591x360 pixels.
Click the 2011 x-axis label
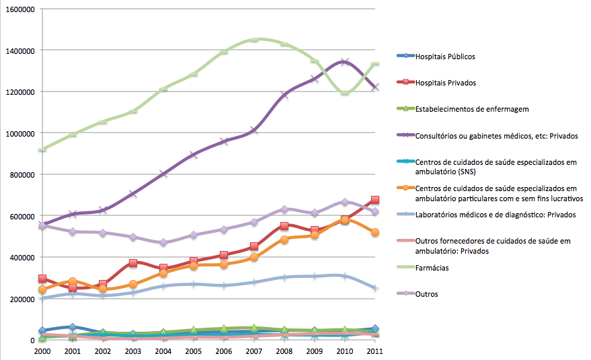pos(375,351)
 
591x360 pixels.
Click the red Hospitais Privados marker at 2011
pos(375,200)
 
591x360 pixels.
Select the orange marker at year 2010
pos(345,219)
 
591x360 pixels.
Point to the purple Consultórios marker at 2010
pos(345,62)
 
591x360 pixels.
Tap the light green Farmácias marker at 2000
pos(42,149)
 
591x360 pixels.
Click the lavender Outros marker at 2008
pos(284,209)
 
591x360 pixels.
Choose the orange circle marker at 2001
pos(73,281)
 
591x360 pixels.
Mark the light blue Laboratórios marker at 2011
pos(375,288)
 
